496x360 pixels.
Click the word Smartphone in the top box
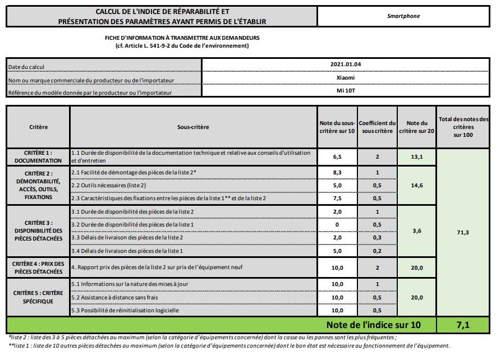pyautogui.click(x=403, y=16)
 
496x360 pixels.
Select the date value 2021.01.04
pyautogui.click(x=346, y=64)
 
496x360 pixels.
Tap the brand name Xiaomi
pyautogui.click(x=346, y=78)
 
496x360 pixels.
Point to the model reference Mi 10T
pyautogui.click(x=346, y=90)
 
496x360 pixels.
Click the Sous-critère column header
pyautogui.click(x=193, y=127)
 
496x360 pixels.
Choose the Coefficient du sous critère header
pyautogui.click(x=377, y=127)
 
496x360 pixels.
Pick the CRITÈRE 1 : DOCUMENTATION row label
pyautogui.click(x=38, y=156)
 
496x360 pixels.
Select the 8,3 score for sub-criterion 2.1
pyautogui.click(x=337, y=172)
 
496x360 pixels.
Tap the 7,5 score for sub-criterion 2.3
pyautogui.click(x=337, y=198)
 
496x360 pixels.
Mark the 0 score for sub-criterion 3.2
pyautogui.click(x=337, y=224)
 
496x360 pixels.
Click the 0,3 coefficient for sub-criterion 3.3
pyautogui.click(x=377, y=238)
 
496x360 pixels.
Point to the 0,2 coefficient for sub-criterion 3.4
pyautogui.click(x=377, y=251)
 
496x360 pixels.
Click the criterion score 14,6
pyautogui.click(x=416, y=184)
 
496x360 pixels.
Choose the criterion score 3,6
pyautogui.click(x=416, y=230)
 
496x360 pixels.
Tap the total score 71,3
pyautogui.click(x=465, y=230)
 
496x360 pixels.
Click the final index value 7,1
pyautogui.click(x=465, y=325)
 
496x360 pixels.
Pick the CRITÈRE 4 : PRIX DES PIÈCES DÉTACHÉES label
pyautogui.click(x=38, y=267)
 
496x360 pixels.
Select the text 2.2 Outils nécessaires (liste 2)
pyautogui.click(x=109, y=185)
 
